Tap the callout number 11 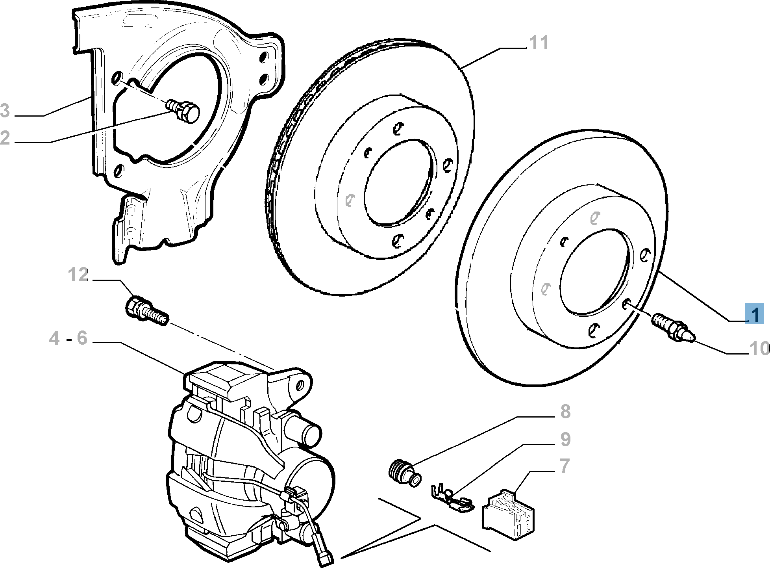pyautogui.click(x=538, y=43)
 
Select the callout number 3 pyautogui.click(x=5, y=111)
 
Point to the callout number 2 pyautogui.click(x=5, y=138)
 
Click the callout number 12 pyautogui.click(x=78, y=275)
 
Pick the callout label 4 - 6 pyautogui.click(x=68, y=338)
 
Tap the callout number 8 pyautogui.click(x=565, y=412)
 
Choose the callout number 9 pyautogui.click(x=565, y=440)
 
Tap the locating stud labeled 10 pyautogui.click(x=674, y=331)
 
